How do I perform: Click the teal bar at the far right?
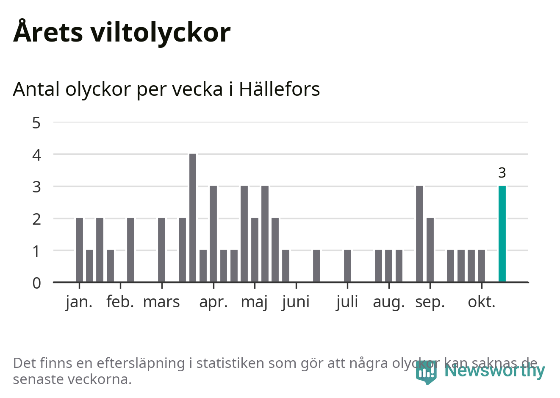(x=502, y=234)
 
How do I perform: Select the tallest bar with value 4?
(x=193, y=218)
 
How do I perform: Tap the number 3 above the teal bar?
(x=502, y=173)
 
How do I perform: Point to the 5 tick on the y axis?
(x=36, y=123)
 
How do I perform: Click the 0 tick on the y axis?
(x=36, y=283)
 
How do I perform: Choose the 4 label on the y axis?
(x=36, y=155)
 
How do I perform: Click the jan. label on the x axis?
(x=79, y=302)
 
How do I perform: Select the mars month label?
(x=161, y=302)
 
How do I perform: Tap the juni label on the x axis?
(x=296, y=302)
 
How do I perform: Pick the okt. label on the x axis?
(x=482, y=302)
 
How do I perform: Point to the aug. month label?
(x=389, y=302)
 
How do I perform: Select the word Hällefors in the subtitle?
(x=279, y=89)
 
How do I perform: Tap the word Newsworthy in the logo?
(x=494, y=370)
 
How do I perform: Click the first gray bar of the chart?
(x=79, y=250)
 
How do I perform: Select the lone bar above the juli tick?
(x=347, y=266)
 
